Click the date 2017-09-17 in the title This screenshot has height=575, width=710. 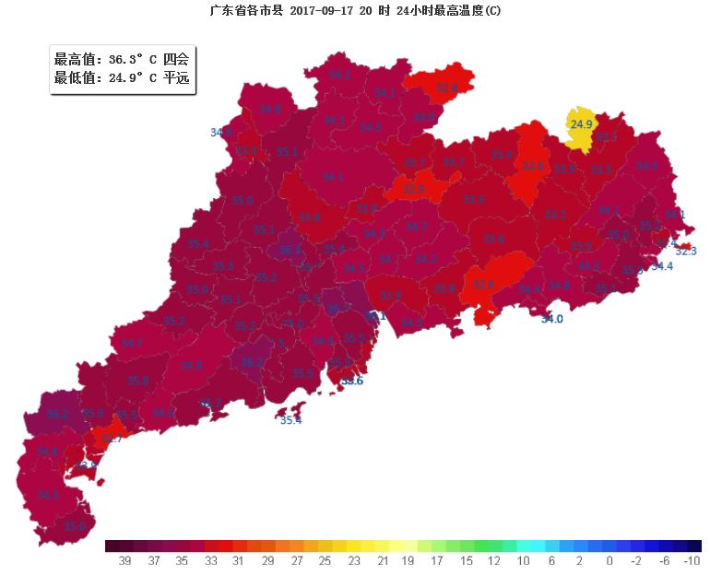pyautogui.click(x=328, y=11)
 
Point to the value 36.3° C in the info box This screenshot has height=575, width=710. pyautogui.click(x=133, y=60)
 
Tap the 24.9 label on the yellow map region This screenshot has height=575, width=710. pyautogui.click(x=581, y=124)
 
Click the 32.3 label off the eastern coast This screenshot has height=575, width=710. pyautogui.click(x=686, y=251)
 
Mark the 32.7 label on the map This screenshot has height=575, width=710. pyautogui.click(x=111, y=439)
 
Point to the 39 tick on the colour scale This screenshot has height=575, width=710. pyautogui.click(x=126, y=561)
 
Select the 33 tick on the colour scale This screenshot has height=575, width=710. pyautogui.click(x=211, y=561)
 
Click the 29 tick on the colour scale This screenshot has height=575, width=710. pyautogui.click(x=268, y=561)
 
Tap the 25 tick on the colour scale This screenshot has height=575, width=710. pyautogui.click(x=325, y=561)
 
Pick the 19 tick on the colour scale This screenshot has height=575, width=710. pyautogui.click(x=409, y=561)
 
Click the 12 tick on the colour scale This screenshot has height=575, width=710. pyautogui.click(x=495, y=561)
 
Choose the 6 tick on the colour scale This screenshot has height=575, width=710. pyautogui.click(x=551, y=561)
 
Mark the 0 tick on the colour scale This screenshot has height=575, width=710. pyautogui.click(x=609, y=561)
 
